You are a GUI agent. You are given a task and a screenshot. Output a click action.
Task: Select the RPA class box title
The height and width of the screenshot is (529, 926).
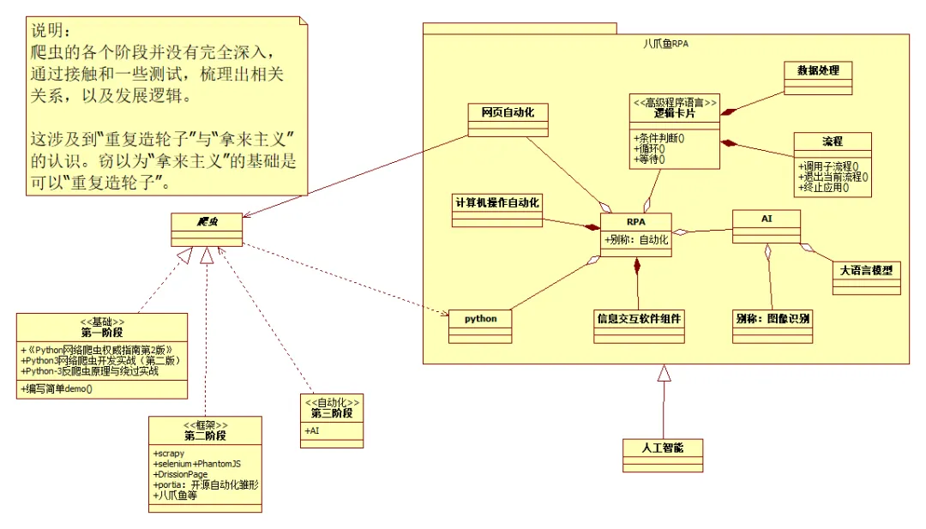click(x=635, y=222)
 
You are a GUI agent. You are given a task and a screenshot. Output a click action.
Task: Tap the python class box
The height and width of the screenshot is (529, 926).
click(x=480, y=319)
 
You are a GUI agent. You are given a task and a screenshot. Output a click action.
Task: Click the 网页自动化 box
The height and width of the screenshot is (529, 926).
click(x=508, y=112)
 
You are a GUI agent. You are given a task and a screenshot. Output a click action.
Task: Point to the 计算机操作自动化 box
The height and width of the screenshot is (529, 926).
click(x=496, y=202)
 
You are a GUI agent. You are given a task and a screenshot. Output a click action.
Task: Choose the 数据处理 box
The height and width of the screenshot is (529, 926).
click(x=818, y=70)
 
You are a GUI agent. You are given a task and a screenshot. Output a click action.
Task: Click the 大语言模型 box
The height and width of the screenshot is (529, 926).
click(x=867, y=269)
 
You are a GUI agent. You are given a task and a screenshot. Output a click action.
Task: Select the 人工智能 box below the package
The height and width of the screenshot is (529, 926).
click(x=663, y=448)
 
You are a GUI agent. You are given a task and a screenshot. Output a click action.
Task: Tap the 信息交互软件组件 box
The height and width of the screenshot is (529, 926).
click(x=640, y=318)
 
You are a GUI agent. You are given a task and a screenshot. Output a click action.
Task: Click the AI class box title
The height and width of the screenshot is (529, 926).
click(x=767, y=219)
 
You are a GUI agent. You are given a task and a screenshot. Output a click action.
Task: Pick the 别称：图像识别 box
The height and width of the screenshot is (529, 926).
click(x=773, y=318)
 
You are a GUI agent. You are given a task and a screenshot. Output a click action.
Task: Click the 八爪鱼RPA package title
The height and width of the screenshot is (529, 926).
click(x=665, y=44)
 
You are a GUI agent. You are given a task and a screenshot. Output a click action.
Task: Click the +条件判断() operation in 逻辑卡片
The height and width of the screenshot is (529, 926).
click(x=659, y=136)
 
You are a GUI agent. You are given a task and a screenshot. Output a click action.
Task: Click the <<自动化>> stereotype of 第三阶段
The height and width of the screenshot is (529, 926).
click(x=331, y=401)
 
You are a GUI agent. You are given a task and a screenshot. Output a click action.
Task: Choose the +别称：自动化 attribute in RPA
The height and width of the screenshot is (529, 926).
click(x=636, y=240)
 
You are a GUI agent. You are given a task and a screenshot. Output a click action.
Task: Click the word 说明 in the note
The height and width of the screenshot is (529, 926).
click(x=47, y=32)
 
